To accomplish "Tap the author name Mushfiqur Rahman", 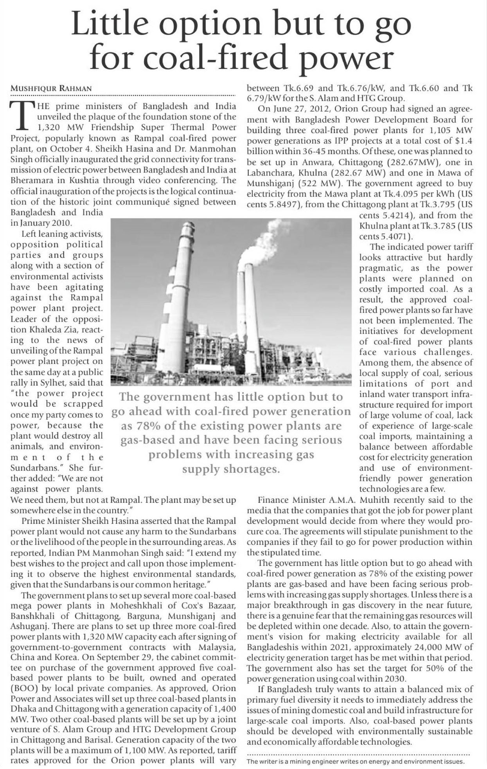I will [x=51, y=88].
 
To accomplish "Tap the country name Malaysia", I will [x=217, y=647].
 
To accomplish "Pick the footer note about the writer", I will [x=356, y=762].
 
